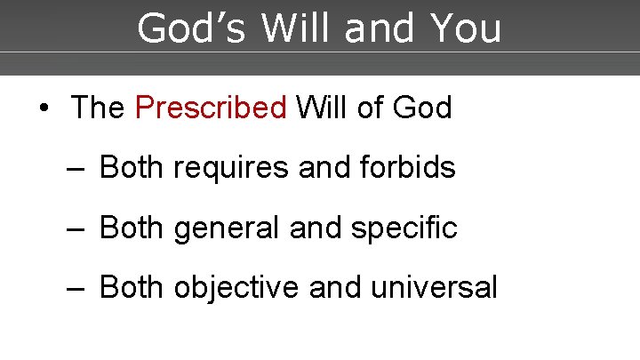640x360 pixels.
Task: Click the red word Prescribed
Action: coord(211,108)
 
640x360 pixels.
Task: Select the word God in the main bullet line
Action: coord(422,108)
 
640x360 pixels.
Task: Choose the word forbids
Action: coord(407,167)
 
